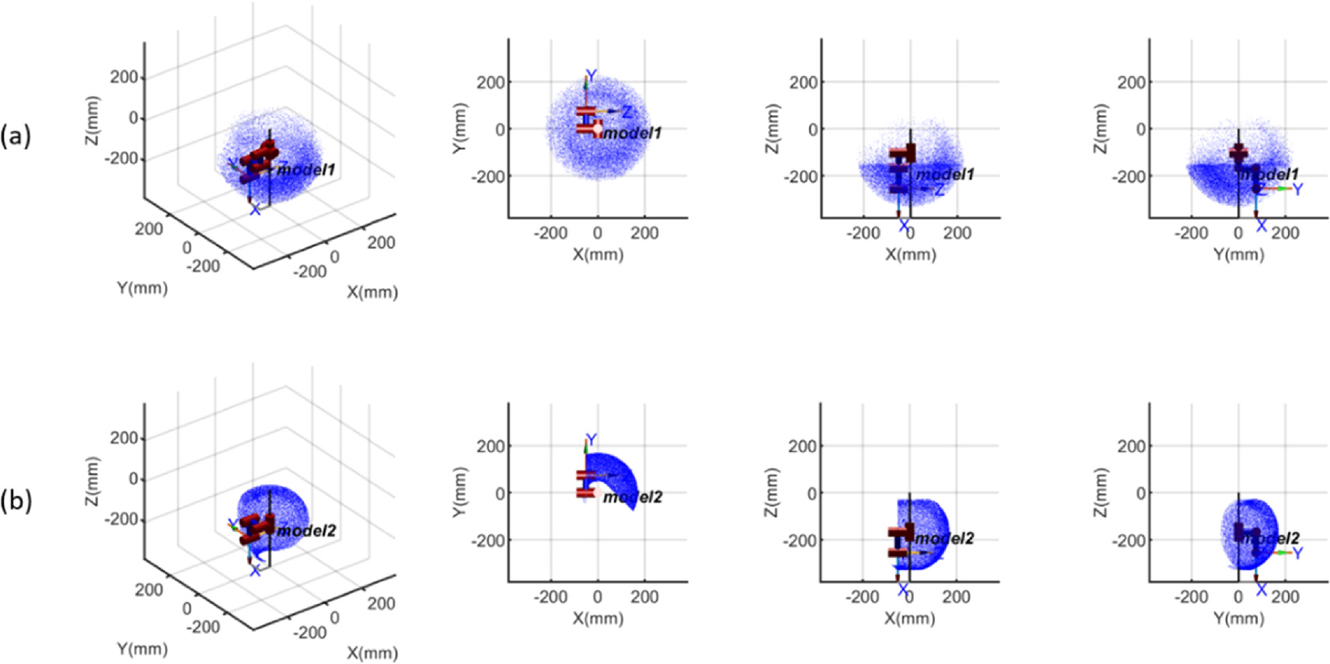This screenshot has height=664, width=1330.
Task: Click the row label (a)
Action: [16, 137]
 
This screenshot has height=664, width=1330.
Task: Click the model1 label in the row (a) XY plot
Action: [632, 134]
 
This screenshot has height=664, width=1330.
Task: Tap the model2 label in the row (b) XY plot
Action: [632, 497]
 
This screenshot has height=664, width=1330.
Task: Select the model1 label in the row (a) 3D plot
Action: [306, 169]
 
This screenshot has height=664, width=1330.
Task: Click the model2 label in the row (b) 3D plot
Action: [306, 531]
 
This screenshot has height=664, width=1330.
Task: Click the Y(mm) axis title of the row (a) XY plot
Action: [459, 128]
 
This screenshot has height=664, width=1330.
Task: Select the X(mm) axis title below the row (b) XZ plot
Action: [909, 619]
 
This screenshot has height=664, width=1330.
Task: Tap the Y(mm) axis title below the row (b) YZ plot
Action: [1238, 619]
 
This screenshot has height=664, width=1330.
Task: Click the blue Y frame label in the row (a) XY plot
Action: [591, 76]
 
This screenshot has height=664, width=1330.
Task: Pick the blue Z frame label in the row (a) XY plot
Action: [627, 113]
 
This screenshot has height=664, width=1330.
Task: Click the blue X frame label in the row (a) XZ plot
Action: [903, 226]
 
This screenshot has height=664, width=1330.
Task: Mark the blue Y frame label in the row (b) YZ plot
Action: [1297, 553]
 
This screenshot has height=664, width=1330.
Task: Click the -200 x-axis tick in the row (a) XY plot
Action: [550, 233]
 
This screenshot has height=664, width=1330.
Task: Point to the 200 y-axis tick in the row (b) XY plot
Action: [490, 446]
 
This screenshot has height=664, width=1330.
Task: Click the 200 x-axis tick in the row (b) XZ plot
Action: [956, 596]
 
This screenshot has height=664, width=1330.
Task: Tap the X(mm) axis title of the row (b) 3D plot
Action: [372, 653]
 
